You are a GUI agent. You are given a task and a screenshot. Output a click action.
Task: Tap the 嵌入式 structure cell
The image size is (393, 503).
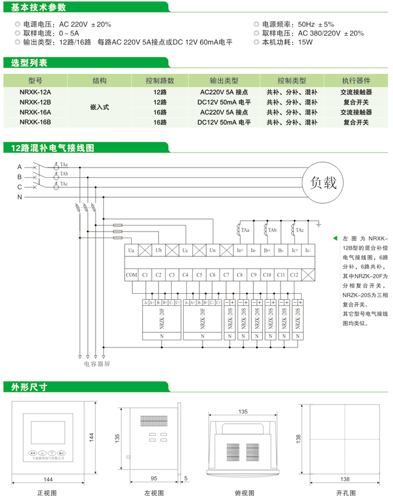(99, 107)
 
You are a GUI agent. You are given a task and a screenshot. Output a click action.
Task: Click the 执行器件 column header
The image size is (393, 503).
(356, 80)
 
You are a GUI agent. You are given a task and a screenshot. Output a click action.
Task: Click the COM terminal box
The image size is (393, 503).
(132, 275)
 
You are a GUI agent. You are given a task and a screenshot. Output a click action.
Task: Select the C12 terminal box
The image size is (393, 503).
(294, 275)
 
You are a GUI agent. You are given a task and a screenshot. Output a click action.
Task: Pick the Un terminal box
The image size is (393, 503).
(212, 250)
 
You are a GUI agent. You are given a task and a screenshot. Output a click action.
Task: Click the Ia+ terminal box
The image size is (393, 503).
(240, 250)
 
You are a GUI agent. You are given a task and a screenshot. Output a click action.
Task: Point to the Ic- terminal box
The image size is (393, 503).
(307, 250)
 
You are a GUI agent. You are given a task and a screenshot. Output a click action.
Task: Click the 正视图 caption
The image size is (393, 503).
(48, 493)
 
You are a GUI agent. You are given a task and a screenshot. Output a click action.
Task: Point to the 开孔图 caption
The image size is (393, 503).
(345, 493)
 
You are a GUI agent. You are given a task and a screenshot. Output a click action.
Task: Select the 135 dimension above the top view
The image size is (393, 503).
(243, 411)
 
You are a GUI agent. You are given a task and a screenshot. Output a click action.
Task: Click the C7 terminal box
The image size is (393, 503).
(226, 275)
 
